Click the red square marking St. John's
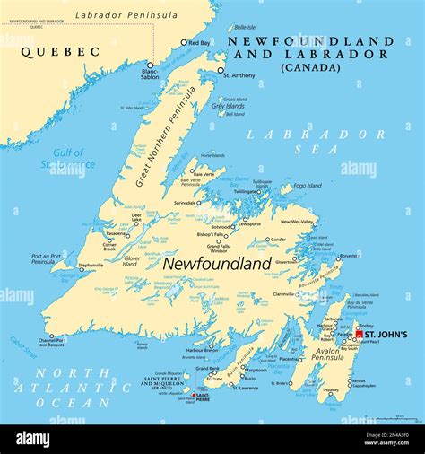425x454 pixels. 360,335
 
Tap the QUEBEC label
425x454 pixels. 60,52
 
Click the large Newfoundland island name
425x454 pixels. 217,264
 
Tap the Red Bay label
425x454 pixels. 200,42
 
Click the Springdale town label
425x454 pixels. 185,203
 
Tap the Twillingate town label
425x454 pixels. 245,192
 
